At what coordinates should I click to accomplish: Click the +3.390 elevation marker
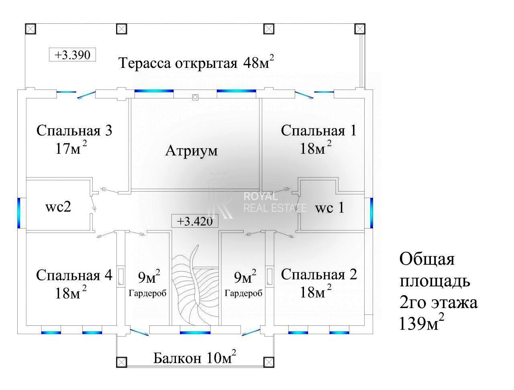[x=72, y=54]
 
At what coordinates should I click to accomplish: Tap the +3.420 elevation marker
[x=194, y=221]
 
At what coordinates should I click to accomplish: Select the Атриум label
[x=192, y=151]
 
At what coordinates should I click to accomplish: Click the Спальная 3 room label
[x=74, y=131]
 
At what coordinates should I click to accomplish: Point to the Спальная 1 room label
[x=318, y=131]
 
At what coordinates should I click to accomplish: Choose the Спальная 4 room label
[x=74, y=276]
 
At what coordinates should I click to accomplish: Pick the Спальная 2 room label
[x=318, y=275]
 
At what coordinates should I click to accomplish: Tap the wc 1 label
[x=329, y=208]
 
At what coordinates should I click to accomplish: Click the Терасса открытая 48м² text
[x=196, y=63]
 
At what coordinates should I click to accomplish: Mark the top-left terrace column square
[x=31, y=29]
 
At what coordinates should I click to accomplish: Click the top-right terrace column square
[x=360, y=29]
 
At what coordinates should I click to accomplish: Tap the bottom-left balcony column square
[x=122, y=362]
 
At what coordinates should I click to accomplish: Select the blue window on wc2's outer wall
[x=19, y=212]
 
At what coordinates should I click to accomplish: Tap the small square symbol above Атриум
[x=195, y=97]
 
